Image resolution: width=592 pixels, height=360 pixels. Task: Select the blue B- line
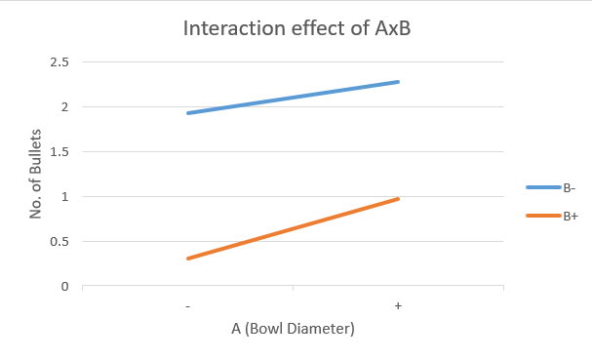tap(293, 98)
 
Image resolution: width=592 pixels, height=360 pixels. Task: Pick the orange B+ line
tap(293, 229)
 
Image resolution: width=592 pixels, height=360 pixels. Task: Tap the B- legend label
tap(569, 187)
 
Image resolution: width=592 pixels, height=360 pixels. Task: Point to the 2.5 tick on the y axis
tap(59, 62)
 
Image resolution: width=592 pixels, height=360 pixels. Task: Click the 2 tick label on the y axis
tap(64, 107)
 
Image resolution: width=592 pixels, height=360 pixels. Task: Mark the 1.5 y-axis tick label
tap(59, 152)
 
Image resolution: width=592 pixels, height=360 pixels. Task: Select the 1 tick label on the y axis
tap(64, 197)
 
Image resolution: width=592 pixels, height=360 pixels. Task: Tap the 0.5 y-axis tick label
tap(59, 242)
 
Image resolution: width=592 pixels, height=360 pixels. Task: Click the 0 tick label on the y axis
tap(64, 287)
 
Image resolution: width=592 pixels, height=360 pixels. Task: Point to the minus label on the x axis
tap(187, 306)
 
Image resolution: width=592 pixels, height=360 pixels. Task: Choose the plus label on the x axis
tap(398, 306)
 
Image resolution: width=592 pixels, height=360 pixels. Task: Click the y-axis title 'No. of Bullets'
tap(36, 175)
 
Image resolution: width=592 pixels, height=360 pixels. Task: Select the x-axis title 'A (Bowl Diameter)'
tap(293, 329)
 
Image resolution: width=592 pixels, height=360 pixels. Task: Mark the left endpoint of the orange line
tap(188, 259)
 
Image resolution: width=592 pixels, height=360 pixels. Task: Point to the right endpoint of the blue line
tap(398, 82)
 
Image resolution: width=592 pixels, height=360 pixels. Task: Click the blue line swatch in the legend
tap(542, 187)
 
